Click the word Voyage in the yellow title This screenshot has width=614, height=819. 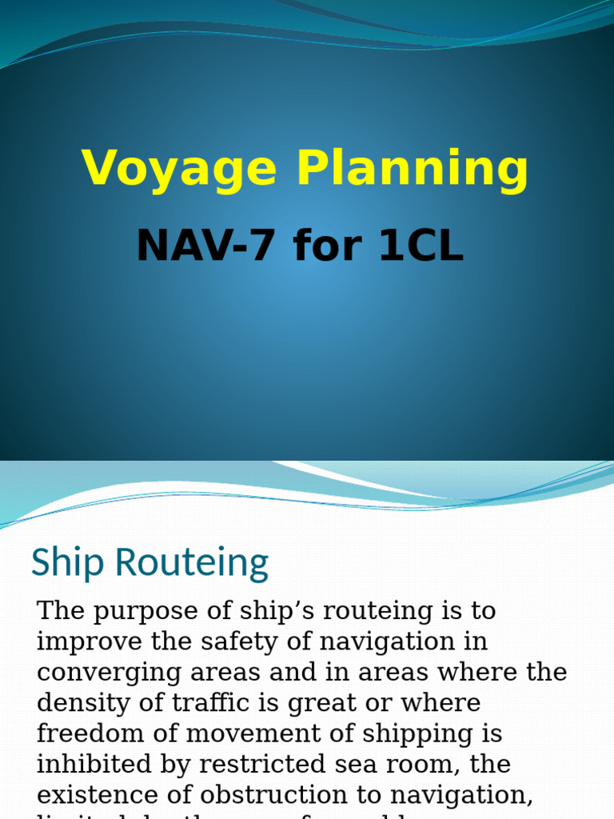click(179, 170)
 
